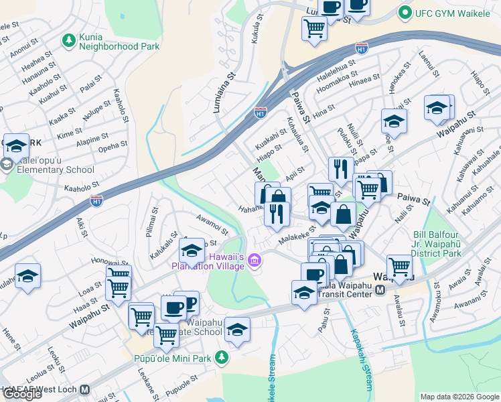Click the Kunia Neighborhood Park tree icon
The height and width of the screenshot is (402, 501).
pyautogui.click(x=68, y=40)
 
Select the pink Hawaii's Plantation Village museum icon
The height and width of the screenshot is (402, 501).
pyautogui.click(x=254, y=261)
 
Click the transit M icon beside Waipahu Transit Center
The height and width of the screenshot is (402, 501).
pyautogui.click(x=380, y=290)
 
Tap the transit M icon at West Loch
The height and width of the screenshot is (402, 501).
pyautogui.click(x=84, y=389)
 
